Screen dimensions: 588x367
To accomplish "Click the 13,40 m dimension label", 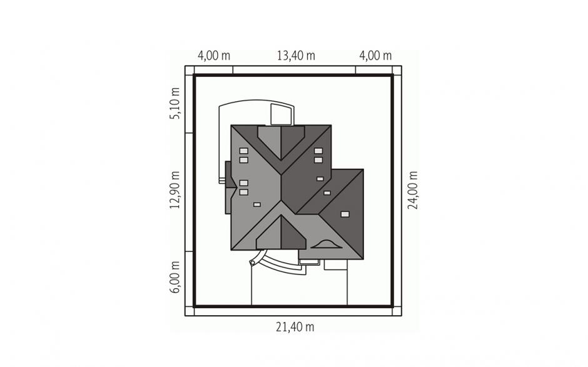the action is pyautogui.click(x=296, y=56).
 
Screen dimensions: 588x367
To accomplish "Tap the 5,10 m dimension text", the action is pyautogui.click(x=175, y=103).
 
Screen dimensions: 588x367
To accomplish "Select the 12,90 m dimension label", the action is pyautogui.click(x=175, y=189).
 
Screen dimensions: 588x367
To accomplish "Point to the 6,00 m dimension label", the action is pyautogui.click(x=175, y=277).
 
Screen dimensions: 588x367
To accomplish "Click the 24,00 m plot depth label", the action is pyautogui.click(x=412, y=190).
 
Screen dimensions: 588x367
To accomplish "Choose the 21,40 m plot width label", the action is pyautogui.click(x=295, y=327).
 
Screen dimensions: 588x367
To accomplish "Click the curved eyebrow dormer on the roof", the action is pyautogui.click(x=327, y=244).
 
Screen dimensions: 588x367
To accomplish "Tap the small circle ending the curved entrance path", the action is pyautogui.click(x=252, y=263).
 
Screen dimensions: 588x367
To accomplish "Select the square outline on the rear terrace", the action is pyautogui.click(x=281, y=114).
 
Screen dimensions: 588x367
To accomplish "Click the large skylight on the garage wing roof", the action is pyautogui.click(x=345, y=214).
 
